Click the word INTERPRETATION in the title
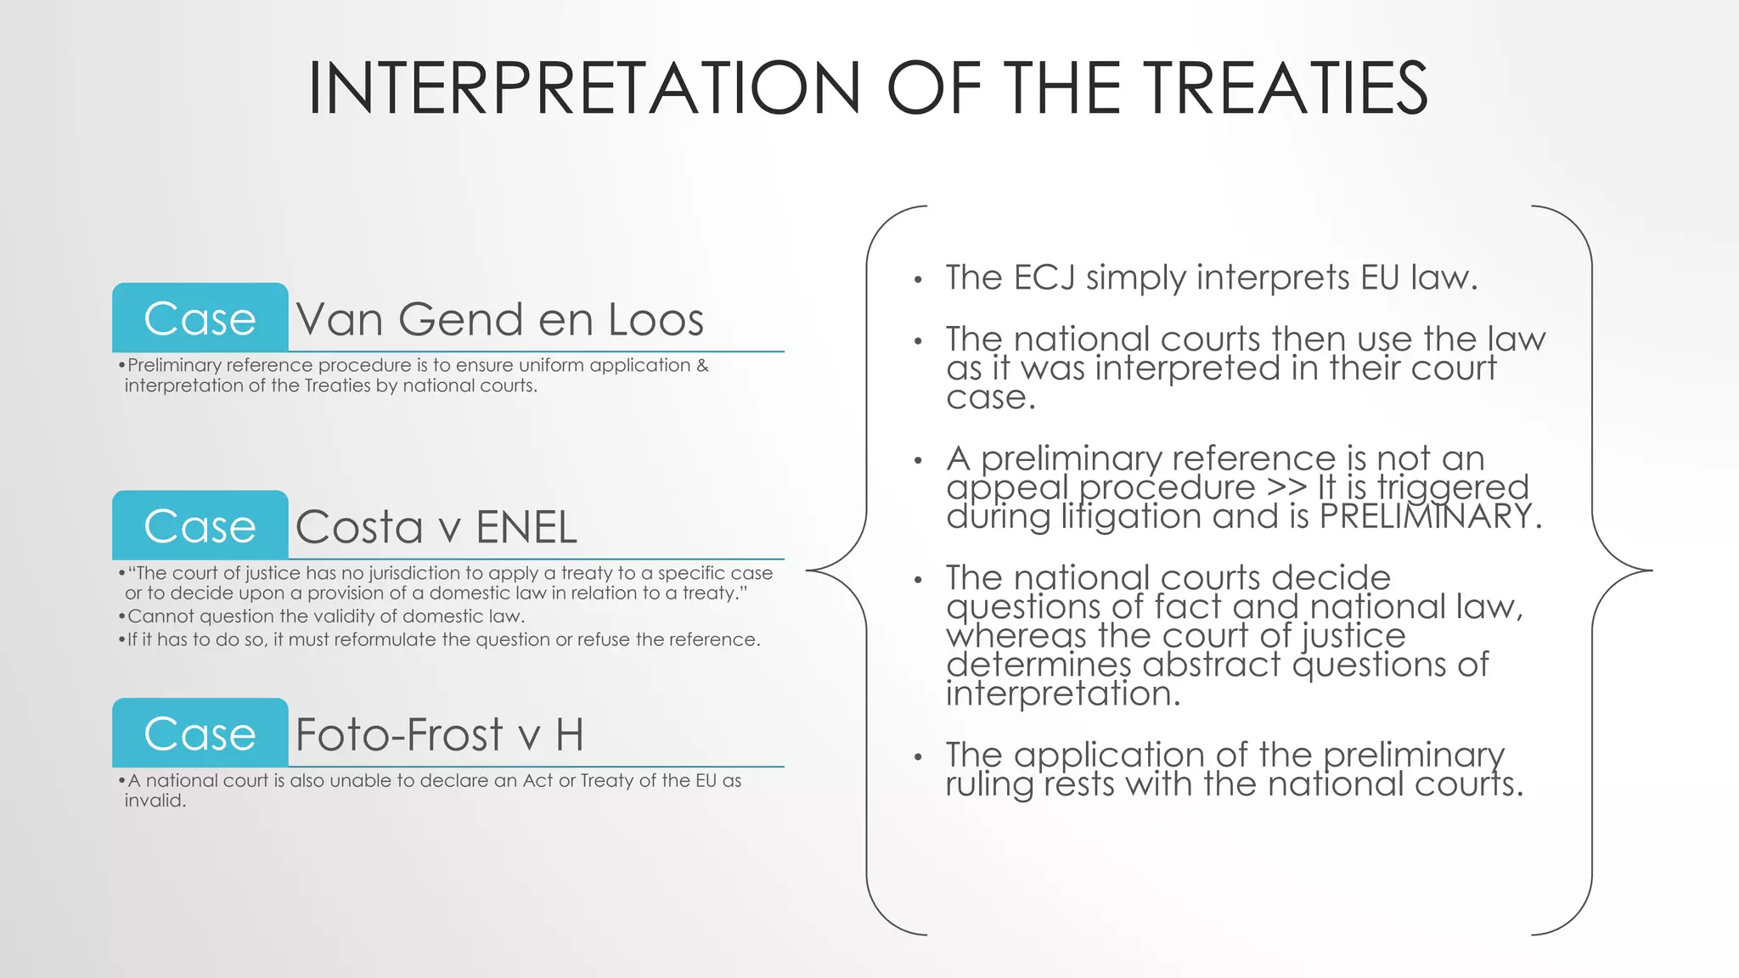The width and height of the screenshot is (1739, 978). (x=584, y=88)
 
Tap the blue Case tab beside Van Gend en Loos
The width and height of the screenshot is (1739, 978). (x=200, y=318)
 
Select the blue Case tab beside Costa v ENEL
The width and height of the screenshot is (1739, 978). (x=200, y=526)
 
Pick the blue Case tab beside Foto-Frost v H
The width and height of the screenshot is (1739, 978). (x=200, y=733)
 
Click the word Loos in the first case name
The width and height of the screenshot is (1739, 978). (x=656, y=319)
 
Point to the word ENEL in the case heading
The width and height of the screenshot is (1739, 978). (x=526, y=526)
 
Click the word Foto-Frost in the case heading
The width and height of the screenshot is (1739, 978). (x=399, y=734)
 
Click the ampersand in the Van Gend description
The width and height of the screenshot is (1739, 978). (x=702, y=365)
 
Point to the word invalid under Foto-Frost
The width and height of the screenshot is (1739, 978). (x=155, y=801)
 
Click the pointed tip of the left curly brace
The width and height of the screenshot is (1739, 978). (x=808, y=570)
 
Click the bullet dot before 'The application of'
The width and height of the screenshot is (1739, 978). (x=918, y=756)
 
